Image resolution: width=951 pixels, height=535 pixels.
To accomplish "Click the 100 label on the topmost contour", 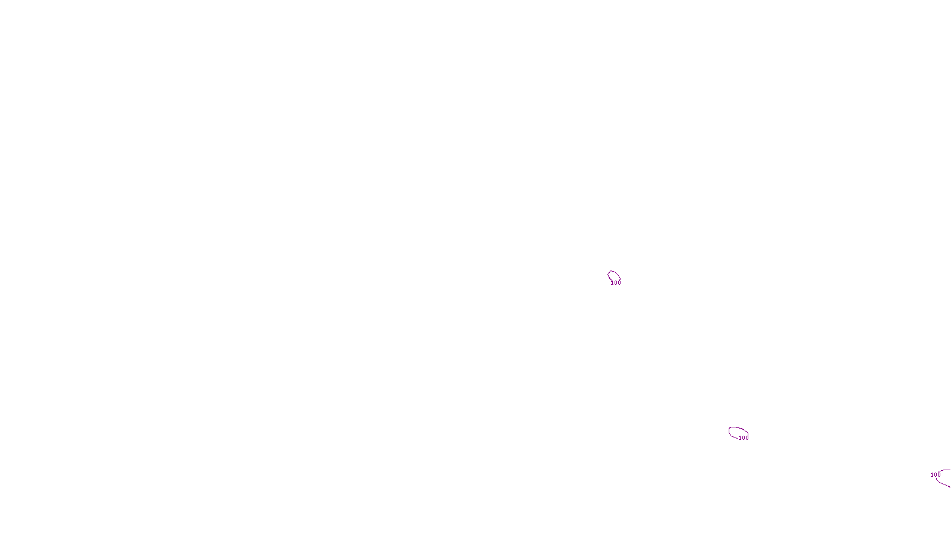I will tap(616, 283).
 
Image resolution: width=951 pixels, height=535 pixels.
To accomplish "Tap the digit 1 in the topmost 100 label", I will tap(612, 283).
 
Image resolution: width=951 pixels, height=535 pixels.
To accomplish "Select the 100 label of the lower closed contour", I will tap(744, 438).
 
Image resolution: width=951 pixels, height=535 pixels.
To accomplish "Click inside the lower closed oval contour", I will tap(738, 432).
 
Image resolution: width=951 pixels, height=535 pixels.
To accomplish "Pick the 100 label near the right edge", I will tap(935, 475).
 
